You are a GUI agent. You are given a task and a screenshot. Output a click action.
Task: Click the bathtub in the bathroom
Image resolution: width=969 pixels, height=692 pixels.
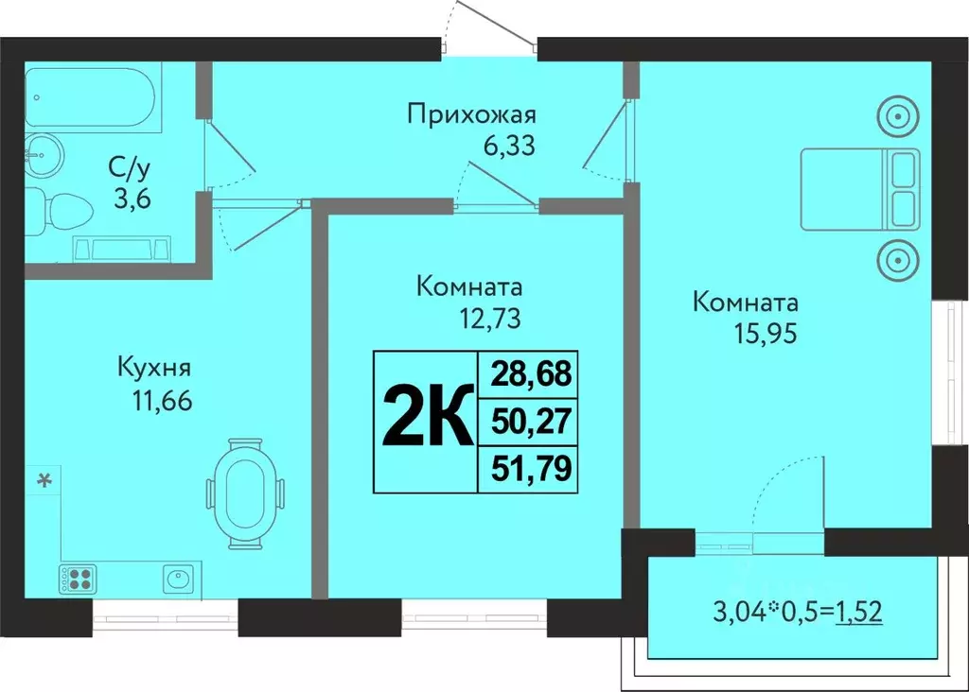(x=93, y=96)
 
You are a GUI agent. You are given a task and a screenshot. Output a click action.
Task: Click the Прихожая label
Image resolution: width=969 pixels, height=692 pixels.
(x=472, y=115)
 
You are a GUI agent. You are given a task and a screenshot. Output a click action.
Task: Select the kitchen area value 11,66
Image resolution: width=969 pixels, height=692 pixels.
(x=163, y=401)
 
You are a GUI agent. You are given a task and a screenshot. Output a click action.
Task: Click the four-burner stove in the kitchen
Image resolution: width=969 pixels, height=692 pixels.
(x=78, y=577)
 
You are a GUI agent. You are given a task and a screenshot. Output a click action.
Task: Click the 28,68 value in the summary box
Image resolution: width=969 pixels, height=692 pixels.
(x=531, y=373)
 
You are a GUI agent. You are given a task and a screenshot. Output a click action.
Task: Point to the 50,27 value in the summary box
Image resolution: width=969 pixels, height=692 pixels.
(x=531, y=422)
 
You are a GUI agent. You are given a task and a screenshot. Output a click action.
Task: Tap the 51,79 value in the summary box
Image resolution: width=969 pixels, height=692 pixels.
(x=531, y=469)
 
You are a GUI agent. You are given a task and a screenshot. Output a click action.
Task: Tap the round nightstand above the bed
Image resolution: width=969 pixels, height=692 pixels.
(x=898, y=118)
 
